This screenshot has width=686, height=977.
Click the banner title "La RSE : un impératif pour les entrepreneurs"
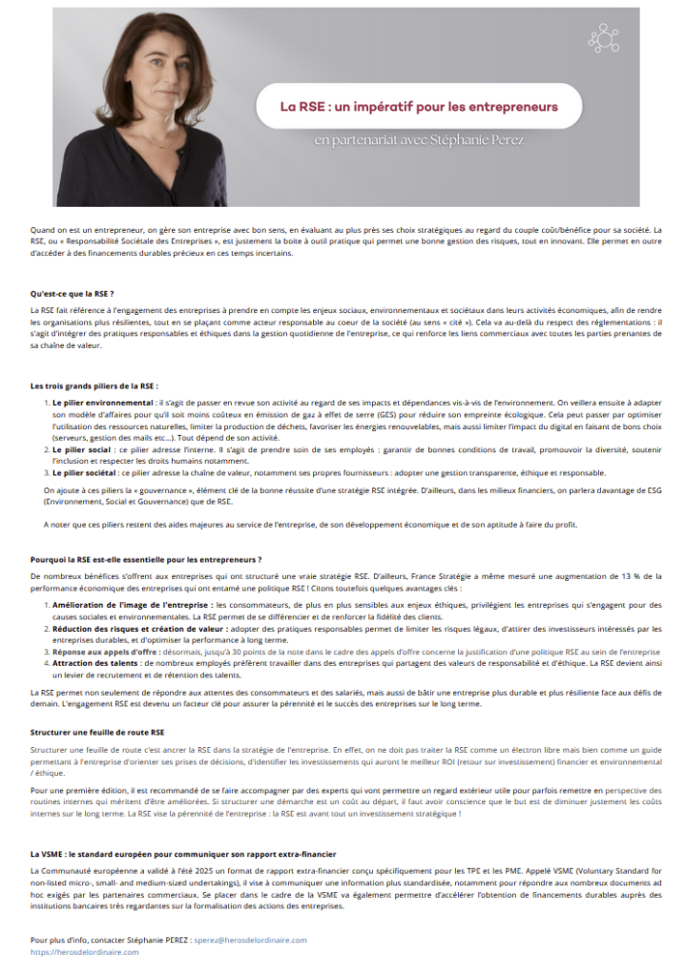tap(418, 104)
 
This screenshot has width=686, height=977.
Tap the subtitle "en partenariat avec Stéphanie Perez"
tap(419, 140)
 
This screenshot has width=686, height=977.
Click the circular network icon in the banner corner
tap(603, 39)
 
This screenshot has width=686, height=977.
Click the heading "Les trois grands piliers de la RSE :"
tap(94, 385)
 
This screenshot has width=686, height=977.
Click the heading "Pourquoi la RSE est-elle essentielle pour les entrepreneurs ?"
tap(146, 558)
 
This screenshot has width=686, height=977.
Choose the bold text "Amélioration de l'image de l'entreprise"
tap(132, 605)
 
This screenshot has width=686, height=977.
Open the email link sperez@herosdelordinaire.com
tap(250, 940)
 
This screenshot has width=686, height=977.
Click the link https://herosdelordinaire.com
tap(84, 951)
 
